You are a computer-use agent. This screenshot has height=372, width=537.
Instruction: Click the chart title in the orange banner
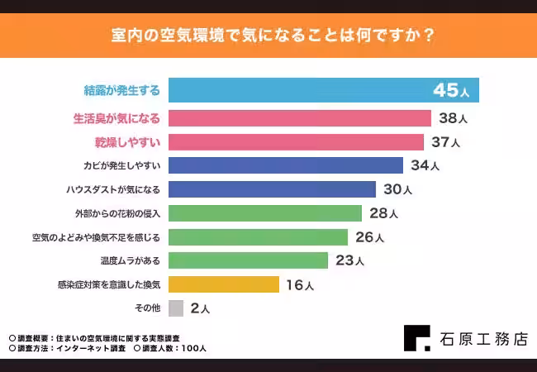click(268, 36)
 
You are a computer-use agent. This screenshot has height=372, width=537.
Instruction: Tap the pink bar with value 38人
click(299, 118)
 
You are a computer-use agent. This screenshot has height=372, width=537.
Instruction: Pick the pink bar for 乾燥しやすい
click(296, 142)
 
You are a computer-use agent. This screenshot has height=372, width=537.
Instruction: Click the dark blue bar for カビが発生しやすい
click(285, 165)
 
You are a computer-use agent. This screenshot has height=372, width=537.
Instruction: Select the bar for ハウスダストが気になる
click(272, 189)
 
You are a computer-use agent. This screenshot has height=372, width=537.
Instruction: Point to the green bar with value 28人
click(264, 213)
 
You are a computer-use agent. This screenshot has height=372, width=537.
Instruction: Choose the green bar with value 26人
click(258, 237)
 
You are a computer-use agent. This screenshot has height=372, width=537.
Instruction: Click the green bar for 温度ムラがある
click(248, 260)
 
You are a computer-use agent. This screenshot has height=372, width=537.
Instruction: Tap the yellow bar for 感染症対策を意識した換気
click(223, 284)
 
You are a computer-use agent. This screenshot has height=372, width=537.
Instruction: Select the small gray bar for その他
click(175, 308)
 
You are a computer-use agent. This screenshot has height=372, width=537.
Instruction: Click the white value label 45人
click(453, 90)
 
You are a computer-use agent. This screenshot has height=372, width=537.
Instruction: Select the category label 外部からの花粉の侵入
click(117, 213)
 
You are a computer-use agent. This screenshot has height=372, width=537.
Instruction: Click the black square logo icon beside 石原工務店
click(417, 338)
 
